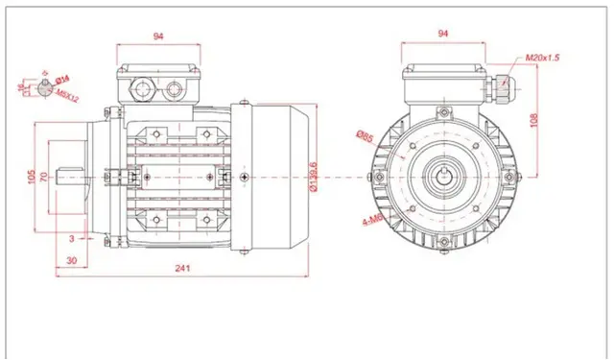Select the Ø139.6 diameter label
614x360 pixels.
315,176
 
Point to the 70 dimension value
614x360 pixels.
44,177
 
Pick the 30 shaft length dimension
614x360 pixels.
72,260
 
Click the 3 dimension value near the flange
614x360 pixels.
71,236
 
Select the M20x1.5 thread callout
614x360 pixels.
542,59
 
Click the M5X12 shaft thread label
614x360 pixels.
67,96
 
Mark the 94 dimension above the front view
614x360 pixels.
443,34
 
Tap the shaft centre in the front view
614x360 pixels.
443,178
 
